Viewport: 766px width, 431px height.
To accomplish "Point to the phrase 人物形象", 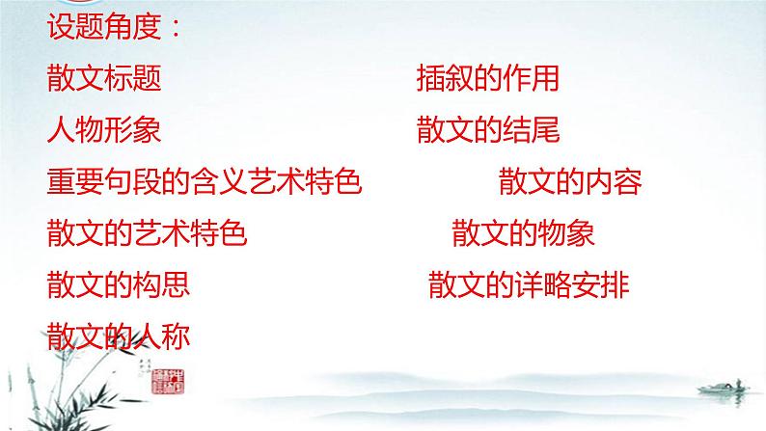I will click(x=103, y=129).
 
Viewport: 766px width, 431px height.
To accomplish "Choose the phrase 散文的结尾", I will click(x=488, y=129).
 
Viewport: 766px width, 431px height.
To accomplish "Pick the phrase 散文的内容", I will click(x=570, y=181).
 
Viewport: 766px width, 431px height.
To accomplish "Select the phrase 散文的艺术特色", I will click(x=147, y=233).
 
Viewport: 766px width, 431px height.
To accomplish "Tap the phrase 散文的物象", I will click(x=522, y=233).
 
